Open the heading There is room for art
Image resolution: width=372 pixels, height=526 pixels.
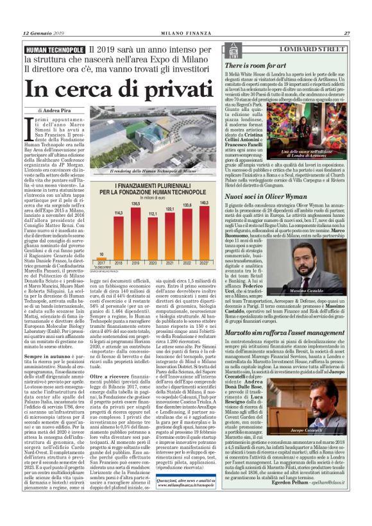pyautogui.click(x=253, y=66)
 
